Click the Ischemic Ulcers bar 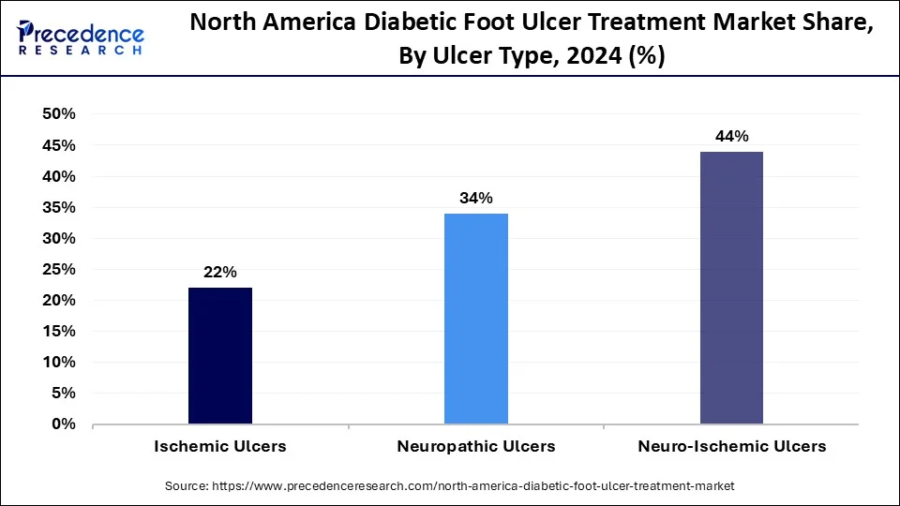[219, 356]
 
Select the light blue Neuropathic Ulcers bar [475, 319]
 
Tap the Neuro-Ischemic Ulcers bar [731, 288]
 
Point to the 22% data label [220, 272]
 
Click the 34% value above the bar [475, 198]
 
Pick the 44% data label [731, 136]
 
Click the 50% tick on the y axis [58, 114]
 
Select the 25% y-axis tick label [58, 269]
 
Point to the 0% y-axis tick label [63, 424]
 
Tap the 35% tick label [58, 207]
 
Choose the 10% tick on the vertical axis [58, 363]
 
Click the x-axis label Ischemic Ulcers [220, 447]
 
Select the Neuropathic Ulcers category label [475, 447]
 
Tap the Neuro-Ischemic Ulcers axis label [731, 447]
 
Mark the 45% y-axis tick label [58, 145]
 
